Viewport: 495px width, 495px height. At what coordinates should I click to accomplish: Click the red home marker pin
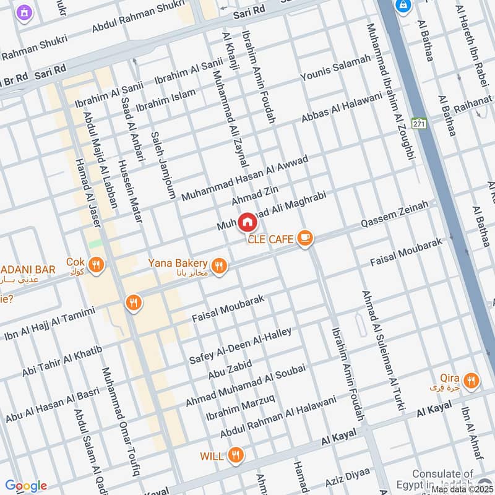point(247,222)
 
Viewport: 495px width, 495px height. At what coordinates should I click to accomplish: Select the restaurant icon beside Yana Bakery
point(218,266)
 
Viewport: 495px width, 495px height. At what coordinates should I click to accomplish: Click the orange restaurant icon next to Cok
point(96,265)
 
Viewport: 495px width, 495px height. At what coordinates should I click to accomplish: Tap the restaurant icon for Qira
point(471,381)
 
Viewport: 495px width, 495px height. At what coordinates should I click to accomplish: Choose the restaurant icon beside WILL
point(235,455)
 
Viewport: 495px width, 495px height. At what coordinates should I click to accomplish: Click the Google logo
point(26,486)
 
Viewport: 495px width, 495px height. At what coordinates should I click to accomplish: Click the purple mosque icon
point(25,12)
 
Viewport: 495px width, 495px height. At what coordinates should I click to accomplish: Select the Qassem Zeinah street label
point(395,213)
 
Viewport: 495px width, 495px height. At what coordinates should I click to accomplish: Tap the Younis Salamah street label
point(335,67)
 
